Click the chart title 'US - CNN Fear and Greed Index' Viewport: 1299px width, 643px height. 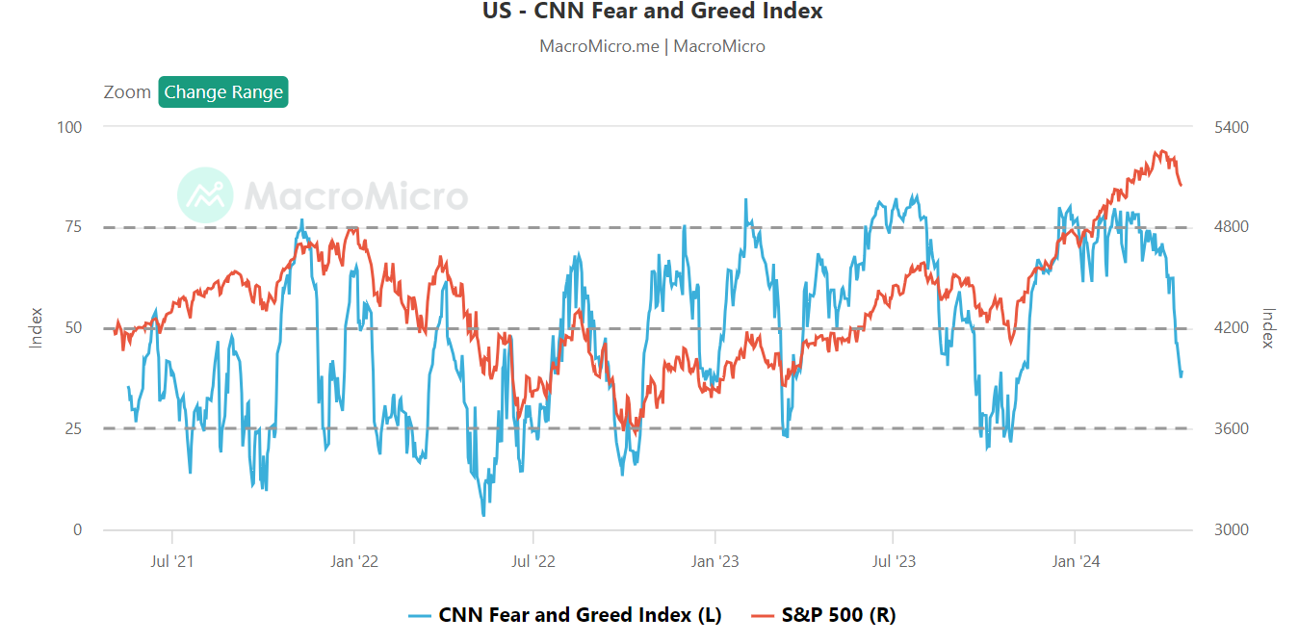652,12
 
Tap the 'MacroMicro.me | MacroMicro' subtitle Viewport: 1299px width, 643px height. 652,46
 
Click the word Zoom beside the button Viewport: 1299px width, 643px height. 127,92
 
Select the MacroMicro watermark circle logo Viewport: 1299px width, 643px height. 205,195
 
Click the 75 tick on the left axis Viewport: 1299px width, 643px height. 73,227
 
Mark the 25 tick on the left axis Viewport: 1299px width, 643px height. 73,428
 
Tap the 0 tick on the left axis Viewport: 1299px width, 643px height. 78,529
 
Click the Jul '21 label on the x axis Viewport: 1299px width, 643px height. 172,561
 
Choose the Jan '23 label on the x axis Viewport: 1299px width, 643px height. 714,561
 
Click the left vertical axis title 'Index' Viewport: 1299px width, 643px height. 36,327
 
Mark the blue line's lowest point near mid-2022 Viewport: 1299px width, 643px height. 483,515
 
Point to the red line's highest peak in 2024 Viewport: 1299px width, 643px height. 1162,151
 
